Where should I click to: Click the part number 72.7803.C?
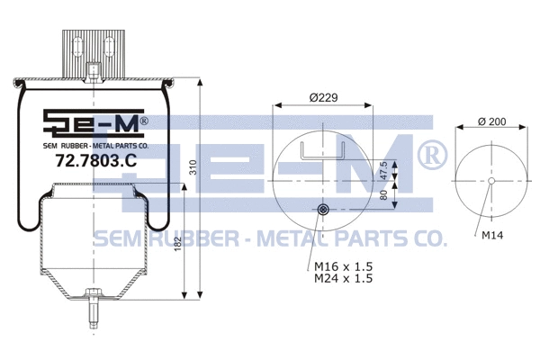(95, 161)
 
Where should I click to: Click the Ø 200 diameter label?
(491, 122)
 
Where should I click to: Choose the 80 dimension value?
(383, 193)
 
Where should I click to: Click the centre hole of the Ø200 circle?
(491, 181)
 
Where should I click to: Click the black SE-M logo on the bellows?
(95, 121)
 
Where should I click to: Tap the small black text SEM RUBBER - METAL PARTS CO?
(95, 144)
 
